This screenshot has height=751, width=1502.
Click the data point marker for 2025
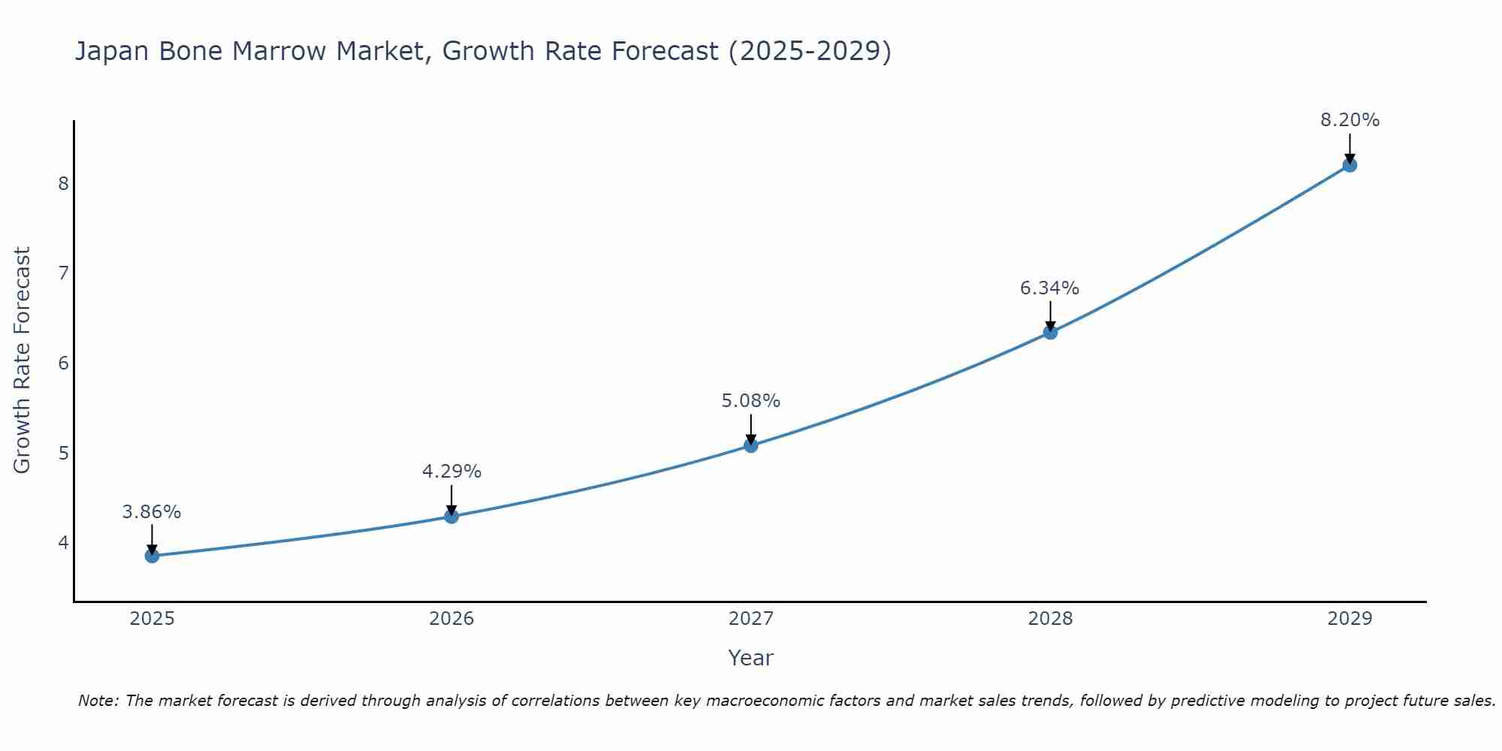152,556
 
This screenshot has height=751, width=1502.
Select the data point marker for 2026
451,517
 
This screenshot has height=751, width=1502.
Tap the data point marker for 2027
751,445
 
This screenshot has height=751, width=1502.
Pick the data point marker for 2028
1050,332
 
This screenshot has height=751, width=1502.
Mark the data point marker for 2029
1350,165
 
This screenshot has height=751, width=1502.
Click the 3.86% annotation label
152,512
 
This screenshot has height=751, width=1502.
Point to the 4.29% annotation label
451,472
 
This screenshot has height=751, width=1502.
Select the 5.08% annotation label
751,401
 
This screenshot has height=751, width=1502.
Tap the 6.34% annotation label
1050,288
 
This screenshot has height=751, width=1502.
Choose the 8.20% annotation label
1350,120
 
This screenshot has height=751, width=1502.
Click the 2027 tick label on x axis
751,619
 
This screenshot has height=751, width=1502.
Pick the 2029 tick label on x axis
1350,619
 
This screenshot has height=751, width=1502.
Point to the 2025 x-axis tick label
152,619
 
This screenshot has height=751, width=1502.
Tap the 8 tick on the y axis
63,183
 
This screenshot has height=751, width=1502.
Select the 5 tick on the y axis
63,453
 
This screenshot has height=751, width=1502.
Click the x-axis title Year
751,658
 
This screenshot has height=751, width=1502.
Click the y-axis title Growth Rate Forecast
23,360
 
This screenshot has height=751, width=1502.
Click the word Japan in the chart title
109,52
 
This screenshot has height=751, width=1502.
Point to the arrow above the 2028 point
1050,315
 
